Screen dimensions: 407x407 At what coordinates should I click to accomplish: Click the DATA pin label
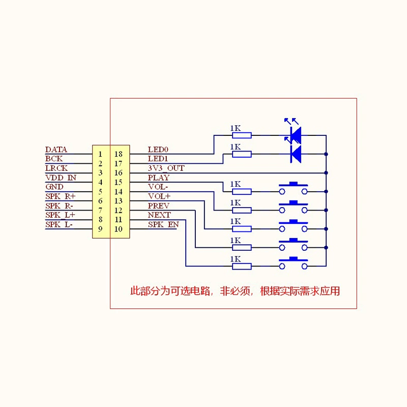pyautogui.click(x=56, y=150)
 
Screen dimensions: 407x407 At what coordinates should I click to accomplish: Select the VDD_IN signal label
pyautogui.click(x=61, y=178)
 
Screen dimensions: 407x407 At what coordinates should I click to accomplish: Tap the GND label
pyautogui.click(x=54, y=187)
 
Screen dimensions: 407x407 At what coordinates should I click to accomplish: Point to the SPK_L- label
pyautogui.click(x=59, y=224)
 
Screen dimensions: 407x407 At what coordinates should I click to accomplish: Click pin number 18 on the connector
pyautogui.click(x=119, y=154)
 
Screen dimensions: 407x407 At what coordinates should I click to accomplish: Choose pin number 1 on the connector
pyautogui.click(x=100, y=154)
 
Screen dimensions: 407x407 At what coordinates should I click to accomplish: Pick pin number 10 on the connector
pyautogui.click(x=119, y=229)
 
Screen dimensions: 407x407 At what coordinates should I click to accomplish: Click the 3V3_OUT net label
pyautogui.click(x=166, y=168)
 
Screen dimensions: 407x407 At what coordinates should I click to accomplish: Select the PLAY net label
pyautogui.click(x=159, y=178)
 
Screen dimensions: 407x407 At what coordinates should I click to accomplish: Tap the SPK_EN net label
pyautogui.click(x=163, y=224)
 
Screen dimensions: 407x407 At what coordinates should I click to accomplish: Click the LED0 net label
pyautogui.click(x=158, y=150)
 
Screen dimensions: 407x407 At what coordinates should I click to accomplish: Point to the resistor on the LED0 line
pyautogui.click(x=242, y=135)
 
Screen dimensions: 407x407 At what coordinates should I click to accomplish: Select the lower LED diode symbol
pyautogui.click(x=296, y=154)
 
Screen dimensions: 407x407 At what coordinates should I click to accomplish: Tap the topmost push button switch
pyautogui.click(x=294, y=188)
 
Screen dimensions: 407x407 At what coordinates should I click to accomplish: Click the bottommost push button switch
pyautogui.click(x=294, y=263)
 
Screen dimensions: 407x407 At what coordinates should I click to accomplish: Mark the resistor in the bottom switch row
pyautogui.click(x=242, y=266)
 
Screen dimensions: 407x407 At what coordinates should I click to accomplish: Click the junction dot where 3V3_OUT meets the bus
pyautogui.click(x=326, y=173)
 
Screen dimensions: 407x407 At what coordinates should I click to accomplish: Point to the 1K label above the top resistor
pyautogui.click(x=236, y=128)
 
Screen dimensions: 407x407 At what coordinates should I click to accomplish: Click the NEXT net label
pyautogui.click(x=159, y=215)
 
